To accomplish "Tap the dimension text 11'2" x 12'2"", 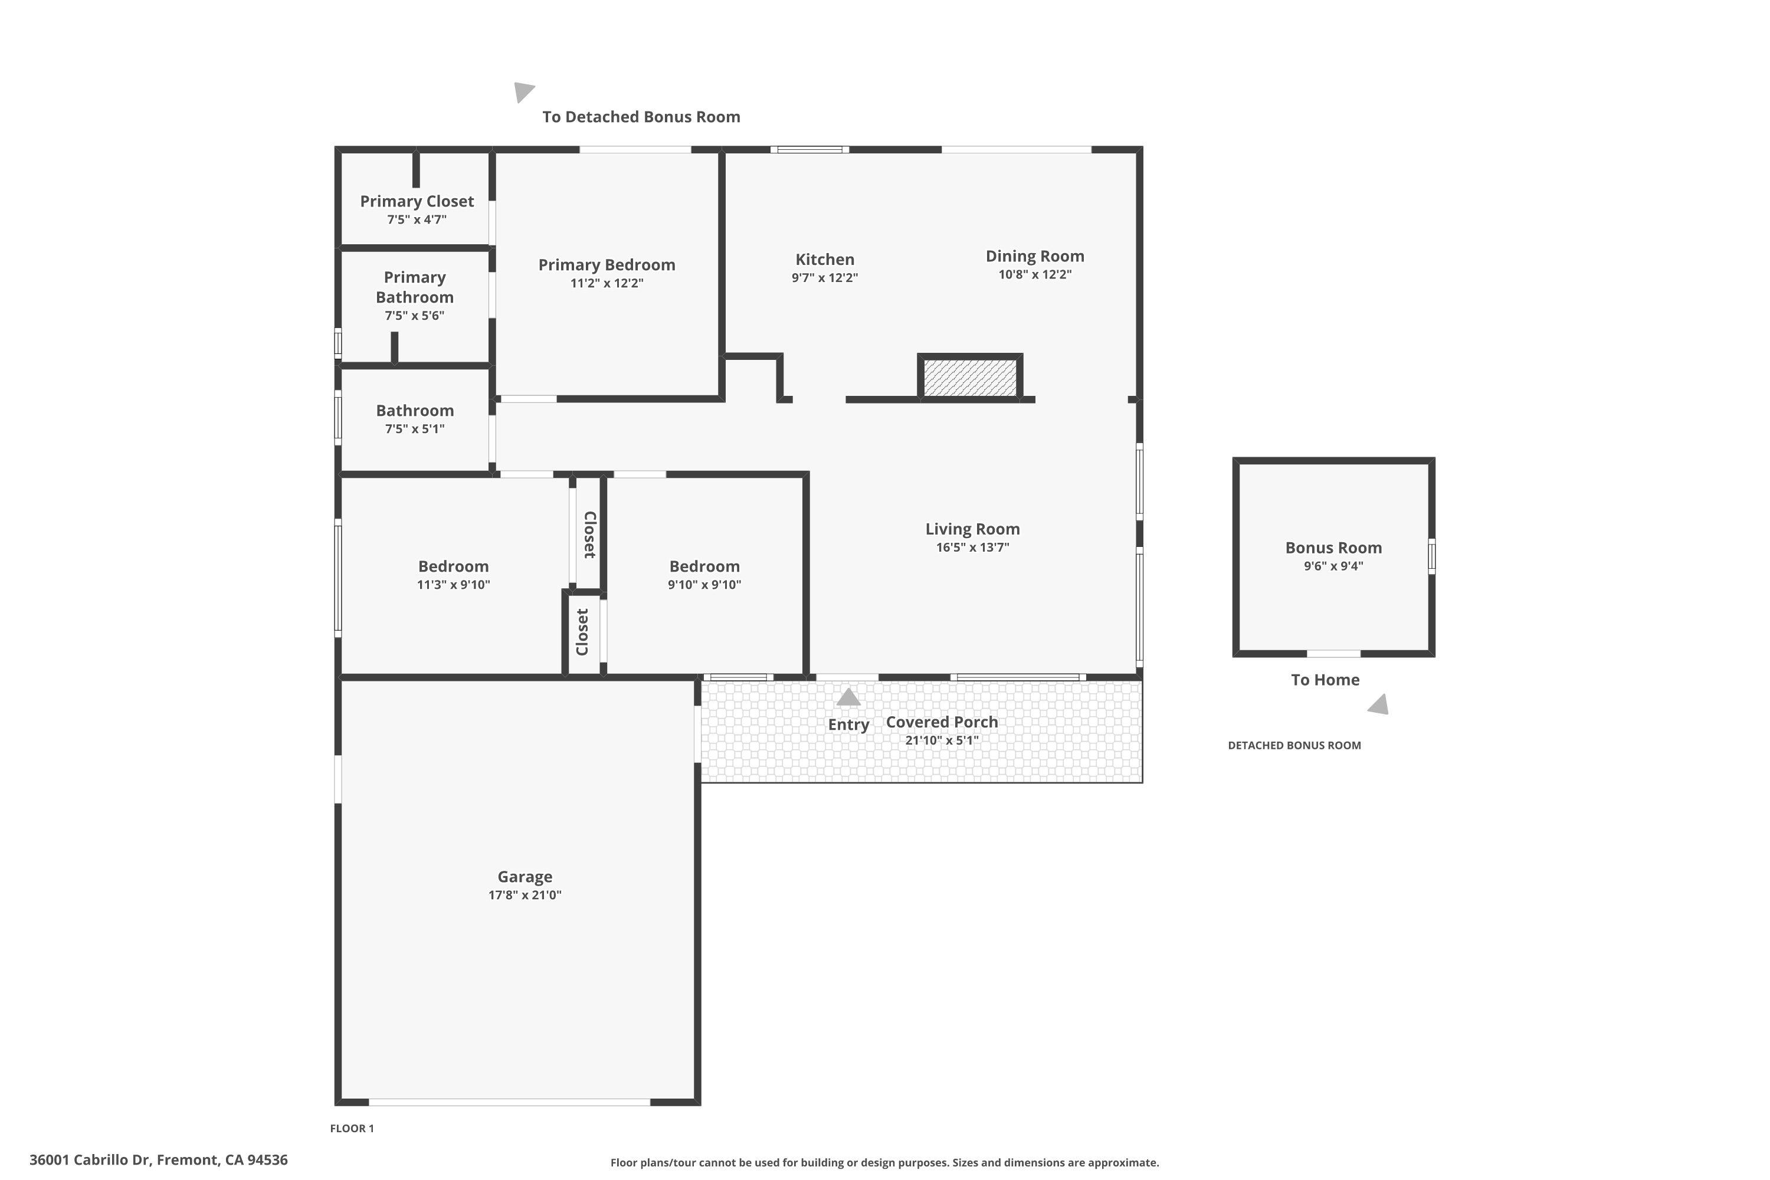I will coord(607,283).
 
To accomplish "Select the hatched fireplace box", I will coord(969,378).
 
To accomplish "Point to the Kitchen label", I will coord(825,259).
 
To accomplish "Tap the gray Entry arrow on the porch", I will coord(848,697).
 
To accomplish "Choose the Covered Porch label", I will coord(942,722).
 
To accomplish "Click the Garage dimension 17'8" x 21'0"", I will coord(525,895).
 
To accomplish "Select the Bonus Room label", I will coord(1333,548).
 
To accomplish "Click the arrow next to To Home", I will coord(1379,705).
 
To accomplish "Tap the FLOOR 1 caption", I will coord(352,1128).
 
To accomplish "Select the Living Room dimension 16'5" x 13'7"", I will coord(972,547).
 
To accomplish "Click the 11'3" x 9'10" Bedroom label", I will coord(453,566).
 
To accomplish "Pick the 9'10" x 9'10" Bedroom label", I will coord(704,566).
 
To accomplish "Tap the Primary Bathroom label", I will coord(415,287).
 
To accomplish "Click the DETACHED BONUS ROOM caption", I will coord(1294,745).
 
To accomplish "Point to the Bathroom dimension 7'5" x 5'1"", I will coord(415,429).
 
